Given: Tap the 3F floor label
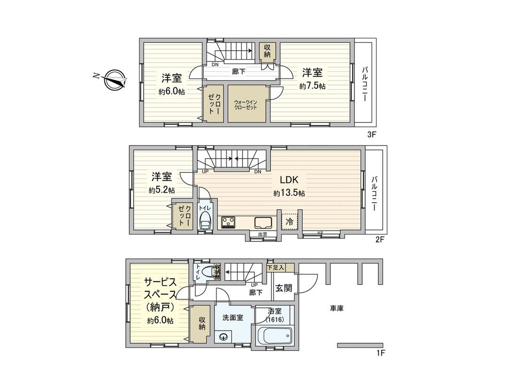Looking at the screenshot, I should pos(372,135).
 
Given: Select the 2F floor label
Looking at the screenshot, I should pos(380,240).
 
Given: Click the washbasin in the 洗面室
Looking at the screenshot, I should pos(223,336).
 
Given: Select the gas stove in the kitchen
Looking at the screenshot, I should pos(229,221).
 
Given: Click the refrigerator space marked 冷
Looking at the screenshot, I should pos(290,221).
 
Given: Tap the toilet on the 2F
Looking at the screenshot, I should pos(206,220).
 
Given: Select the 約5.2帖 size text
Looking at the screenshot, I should pos(162,190).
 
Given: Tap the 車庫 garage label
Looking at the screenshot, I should pos(337,308).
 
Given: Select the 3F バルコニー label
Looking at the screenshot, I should pos(364,84).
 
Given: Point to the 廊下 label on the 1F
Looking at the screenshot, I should pos(256,292).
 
